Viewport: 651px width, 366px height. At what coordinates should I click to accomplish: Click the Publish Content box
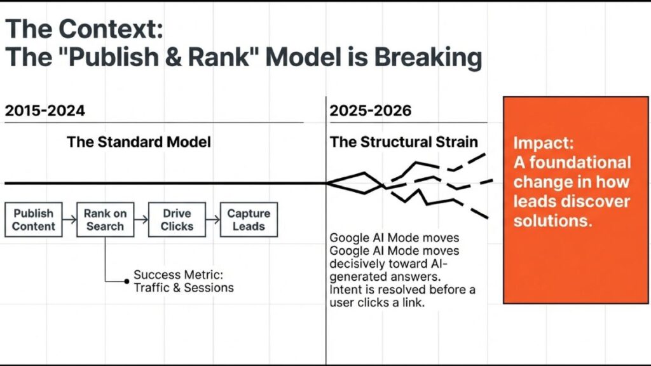coord(34,219)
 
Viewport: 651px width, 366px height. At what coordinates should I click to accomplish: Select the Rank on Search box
coord(105,219)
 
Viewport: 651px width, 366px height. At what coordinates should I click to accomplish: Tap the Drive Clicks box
coord(177,219)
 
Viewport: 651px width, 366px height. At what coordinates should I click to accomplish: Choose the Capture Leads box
coord(249,219)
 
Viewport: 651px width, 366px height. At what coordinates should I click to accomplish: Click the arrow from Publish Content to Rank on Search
coord(69,219)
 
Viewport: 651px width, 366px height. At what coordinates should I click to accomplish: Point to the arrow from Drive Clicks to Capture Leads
coord(212,219)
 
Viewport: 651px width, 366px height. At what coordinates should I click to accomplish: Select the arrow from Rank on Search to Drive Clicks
coord(141,219)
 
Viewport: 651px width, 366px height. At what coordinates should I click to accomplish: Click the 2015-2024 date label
coord(45,111)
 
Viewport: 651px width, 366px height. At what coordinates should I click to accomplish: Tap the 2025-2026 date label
coord(371,111)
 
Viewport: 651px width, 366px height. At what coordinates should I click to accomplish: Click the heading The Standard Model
coord(139,142)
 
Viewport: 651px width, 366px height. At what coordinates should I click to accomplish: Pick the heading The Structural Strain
coord(404,142)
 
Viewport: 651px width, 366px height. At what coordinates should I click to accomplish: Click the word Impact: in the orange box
coord(544,143)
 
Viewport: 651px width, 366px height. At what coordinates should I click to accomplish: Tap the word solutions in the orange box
coord(552,220)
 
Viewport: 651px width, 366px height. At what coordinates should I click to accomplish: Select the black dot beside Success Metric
coord(127,281)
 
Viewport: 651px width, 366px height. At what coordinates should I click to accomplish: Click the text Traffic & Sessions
coord(184,288)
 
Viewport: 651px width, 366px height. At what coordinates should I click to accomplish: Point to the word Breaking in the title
coord(428,57)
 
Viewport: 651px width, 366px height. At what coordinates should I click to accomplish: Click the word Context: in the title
coord(111,29)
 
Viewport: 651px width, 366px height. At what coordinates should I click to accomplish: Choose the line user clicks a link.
coord(378,302)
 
